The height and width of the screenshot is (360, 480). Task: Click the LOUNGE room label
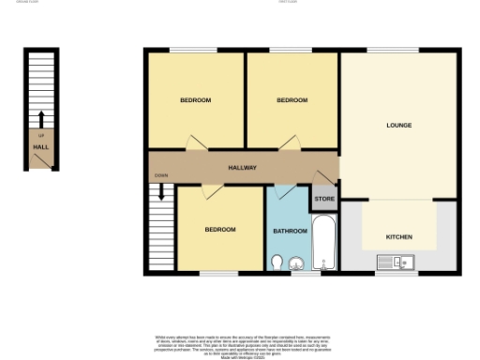pos(399,125)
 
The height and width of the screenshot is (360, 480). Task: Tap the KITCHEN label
pos(399,236)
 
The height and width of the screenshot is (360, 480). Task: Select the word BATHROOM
pos(290,231)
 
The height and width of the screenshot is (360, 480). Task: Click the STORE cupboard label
pos(324,199)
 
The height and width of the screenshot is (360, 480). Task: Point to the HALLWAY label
pos(243,168)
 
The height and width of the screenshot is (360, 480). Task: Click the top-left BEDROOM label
pos(196,99)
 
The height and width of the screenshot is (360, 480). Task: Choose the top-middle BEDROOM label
pos(292,99)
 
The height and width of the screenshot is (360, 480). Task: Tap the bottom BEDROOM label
pos(220,229)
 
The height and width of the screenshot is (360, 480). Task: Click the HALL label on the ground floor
pos(40,146)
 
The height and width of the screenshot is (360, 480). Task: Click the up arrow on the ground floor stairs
pos(41,119)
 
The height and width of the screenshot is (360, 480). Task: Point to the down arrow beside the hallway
pos(161,191)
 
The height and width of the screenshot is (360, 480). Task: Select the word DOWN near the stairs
pos(161,176)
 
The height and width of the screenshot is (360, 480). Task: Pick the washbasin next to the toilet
pos(295,262)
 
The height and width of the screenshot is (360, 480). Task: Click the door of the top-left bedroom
pos(194,142)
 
